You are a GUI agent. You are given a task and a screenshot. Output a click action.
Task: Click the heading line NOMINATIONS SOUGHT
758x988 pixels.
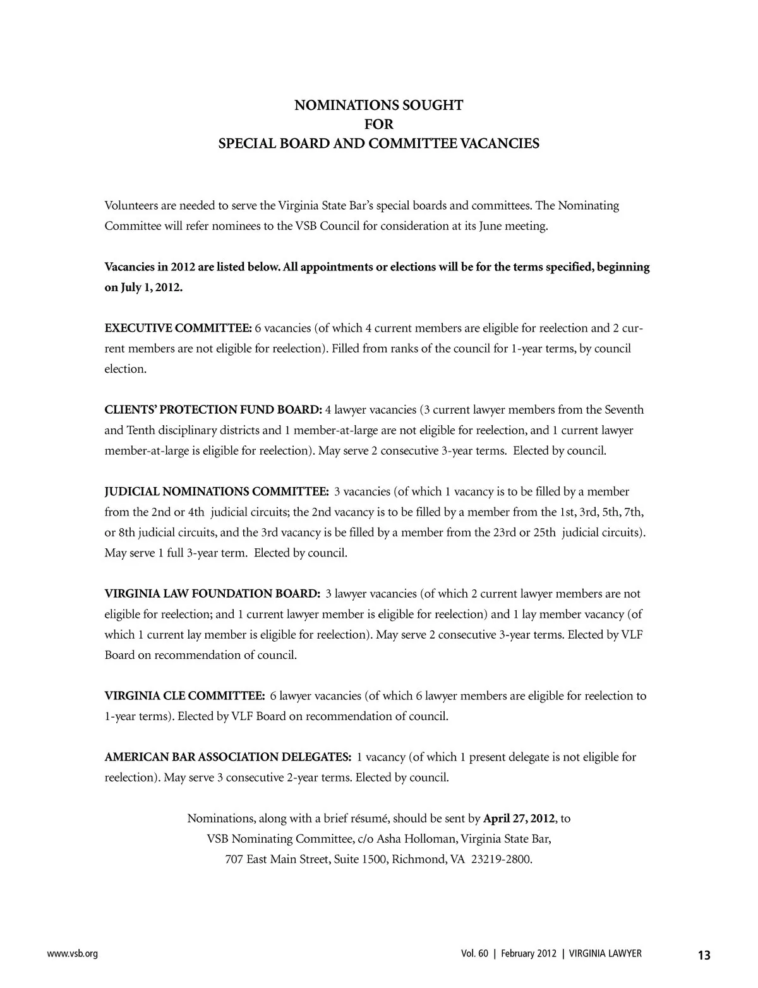coord(378,105)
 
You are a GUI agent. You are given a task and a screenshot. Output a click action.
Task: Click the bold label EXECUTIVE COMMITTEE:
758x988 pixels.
coord(178,328)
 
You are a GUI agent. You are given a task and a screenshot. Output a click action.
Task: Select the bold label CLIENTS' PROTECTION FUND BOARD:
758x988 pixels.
coord(214,409)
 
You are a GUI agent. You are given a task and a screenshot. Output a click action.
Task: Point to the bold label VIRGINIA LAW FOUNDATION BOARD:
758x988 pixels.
coord(212,594)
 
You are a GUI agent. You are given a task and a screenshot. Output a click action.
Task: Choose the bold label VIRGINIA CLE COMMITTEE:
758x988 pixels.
coord(184,696)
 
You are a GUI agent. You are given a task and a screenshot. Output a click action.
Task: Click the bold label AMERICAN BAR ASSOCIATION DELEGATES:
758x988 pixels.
coord(227,757)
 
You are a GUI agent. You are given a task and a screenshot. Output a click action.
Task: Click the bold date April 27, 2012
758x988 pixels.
coord(519,819)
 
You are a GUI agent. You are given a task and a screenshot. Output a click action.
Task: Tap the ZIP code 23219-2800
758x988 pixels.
coord(501,860)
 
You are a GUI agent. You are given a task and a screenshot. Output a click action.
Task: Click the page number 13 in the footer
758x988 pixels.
coord(704,955)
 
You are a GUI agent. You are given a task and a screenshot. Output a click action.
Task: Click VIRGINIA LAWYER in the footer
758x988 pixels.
coord(605,954)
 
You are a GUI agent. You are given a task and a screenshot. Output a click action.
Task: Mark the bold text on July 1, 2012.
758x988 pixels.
coord(143,287)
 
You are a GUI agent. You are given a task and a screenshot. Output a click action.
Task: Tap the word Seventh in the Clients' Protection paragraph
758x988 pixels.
coord(624,409)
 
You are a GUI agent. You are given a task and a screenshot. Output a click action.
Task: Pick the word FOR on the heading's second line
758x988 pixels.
coord(378,124)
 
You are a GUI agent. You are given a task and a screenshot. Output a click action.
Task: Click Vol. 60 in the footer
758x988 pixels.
coord(475,954)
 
